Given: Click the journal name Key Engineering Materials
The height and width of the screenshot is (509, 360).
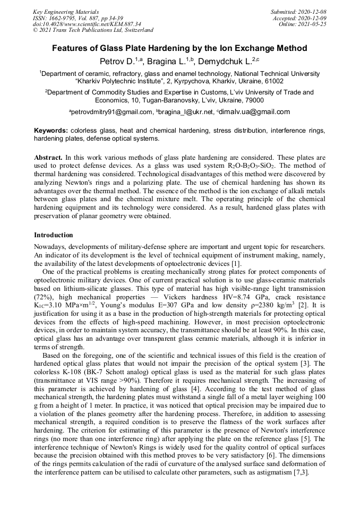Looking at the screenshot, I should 66,11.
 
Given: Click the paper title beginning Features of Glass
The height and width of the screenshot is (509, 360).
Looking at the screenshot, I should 179,48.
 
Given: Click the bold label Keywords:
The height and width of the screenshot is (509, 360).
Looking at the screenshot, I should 51,130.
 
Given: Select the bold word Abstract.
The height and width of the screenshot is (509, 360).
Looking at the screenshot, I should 49,158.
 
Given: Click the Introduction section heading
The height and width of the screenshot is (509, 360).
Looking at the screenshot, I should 53,235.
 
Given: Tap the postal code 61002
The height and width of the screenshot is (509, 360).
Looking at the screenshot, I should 273,82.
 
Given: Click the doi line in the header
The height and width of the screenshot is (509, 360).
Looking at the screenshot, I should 87,24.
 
